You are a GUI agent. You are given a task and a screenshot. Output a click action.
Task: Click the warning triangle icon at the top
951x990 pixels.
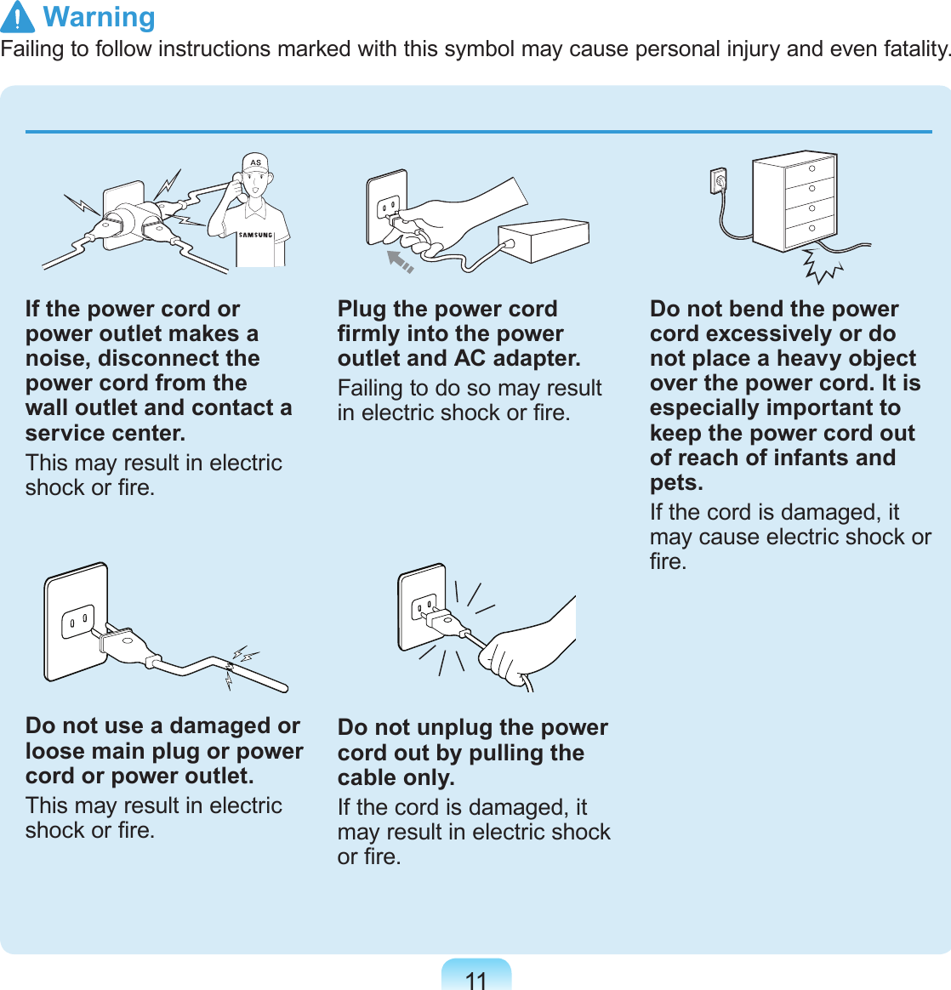click(x=18, y=18)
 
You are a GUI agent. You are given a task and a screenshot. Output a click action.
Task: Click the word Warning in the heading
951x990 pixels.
click(x=100, y=17)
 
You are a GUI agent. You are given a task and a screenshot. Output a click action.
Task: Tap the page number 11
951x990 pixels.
click(x=476, y=981)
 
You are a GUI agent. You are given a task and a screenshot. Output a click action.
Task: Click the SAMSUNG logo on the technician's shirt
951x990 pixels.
click(x=255, y=235)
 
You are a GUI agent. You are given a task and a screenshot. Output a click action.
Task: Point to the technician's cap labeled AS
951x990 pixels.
click(x=255, y=163)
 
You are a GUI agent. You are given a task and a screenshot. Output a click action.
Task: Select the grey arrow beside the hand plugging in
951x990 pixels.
click(x=399, y=260)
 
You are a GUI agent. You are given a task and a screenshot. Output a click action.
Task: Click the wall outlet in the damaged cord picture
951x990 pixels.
click(x=77, y=621)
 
